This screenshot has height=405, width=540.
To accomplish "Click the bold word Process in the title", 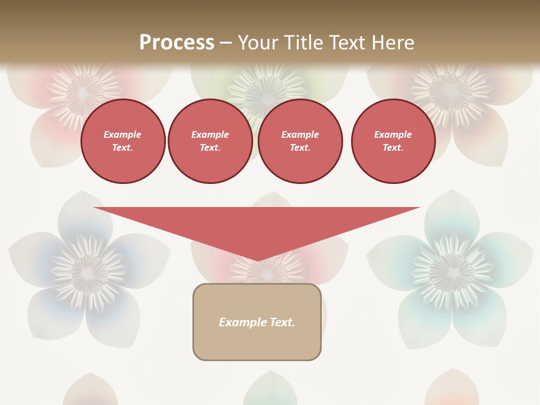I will [x=177, y=42].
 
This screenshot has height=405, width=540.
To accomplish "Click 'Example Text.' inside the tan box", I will [x=257, y=322].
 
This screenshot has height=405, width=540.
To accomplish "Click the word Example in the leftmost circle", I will [x=123, y=134].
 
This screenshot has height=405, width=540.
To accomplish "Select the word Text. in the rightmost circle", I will [x=393, y=147].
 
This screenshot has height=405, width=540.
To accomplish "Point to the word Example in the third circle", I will [x=300, y=134].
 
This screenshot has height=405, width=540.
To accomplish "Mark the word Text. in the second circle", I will [x=210, y=147].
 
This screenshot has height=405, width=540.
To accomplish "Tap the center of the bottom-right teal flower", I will [x=450, y=272].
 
